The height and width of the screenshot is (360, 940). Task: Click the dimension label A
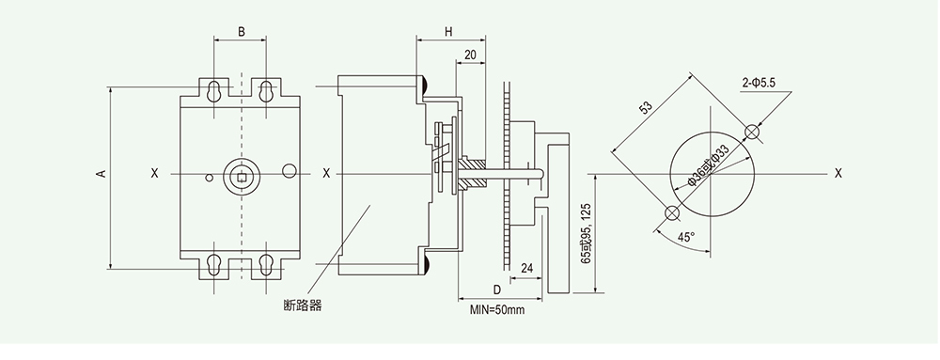point(102,173)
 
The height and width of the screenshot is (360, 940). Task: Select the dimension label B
point(241,32)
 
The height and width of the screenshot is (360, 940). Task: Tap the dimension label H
point(448,32)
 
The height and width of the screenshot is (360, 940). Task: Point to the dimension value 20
point(470,55)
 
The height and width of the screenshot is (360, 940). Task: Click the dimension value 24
point(527,268)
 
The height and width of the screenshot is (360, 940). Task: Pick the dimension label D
point(496,290)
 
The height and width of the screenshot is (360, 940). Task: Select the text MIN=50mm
point(497,309)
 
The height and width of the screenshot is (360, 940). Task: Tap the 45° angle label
point(686,237)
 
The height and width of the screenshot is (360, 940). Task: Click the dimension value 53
point(646,108)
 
